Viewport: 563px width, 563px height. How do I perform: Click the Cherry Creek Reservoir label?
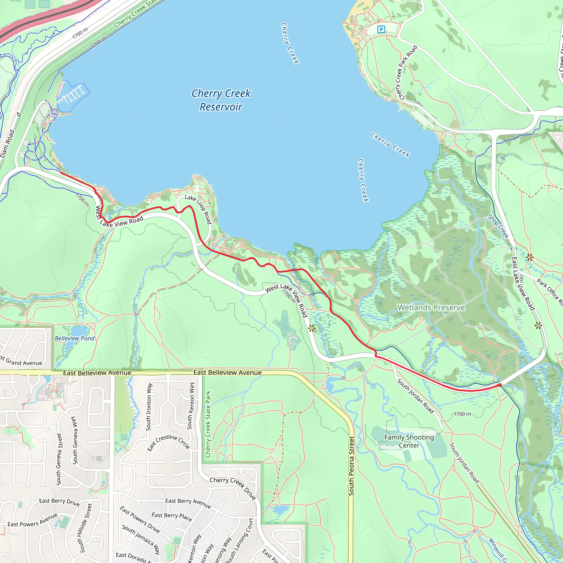tap(221, 100)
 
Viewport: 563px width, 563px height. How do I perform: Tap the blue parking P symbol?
tap(381, 29)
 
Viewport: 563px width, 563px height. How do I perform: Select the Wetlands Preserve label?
tap(431, 307)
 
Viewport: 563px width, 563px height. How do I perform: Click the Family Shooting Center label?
tap(409, 441)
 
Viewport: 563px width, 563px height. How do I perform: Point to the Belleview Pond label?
tap(74, 338)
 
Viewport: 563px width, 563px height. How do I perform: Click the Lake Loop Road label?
tap(198, 209)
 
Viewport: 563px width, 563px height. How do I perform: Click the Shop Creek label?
tap(498, 227)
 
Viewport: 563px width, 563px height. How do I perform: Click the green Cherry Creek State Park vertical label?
tap(208, 424)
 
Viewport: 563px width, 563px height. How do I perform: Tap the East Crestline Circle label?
tap(169, 442)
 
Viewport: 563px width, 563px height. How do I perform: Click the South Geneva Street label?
tap(59, 459)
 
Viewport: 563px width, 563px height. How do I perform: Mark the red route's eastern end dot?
tap(500, 385)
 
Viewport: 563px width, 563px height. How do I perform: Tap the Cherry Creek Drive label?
tap(233, 488)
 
